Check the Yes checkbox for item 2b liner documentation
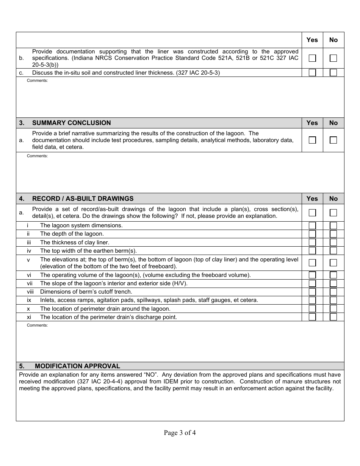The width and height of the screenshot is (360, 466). click(x=312, y=58)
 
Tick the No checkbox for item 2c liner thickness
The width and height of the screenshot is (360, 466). click(x=333, y=73)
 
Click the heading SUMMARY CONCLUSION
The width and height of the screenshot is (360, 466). click(x=71, y=123)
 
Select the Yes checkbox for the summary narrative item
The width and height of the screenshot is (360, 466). click(x=312, y=140)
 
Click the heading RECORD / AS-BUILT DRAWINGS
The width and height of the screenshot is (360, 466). click(x=83, y=199)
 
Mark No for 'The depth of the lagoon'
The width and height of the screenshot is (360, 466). click(x=333, y=234)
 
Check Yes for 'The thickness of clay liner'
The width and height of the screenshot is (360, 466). click(x=312, y=242)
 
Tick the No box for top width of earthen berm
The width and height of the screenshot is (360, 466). click(x=333, y=251)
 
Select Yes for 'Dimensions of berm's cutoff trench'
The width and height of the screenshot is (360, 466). click(x=312, y=292)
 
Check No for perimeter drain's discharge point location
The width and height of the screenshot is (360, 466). click(x=333, y=317)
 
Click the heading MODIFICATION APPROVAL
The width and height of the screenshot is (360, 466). click(x=77, y=366)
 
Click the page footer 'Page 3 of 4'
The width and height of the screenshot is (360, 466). click(x=180, y=433)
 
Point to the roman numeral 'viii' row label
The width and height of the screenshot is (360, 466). click(x=30, y=292)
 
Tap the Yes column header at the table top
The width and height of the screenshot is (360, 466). click(x=312, y=40)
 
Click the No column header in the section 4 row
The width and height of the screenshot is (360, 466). click(x=333, y=199)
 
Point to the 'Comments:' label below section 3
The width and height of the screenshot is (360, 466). click(x=37, y=156)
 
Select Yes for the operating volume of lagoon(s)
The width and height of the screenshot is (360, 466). click(x=312, y=275)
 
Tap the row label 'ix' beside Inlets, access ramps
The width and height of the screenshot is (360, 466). click(x=29, y=300)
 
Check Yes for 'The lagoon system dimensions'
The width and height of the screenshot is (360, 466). click(x=312, y=225)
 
